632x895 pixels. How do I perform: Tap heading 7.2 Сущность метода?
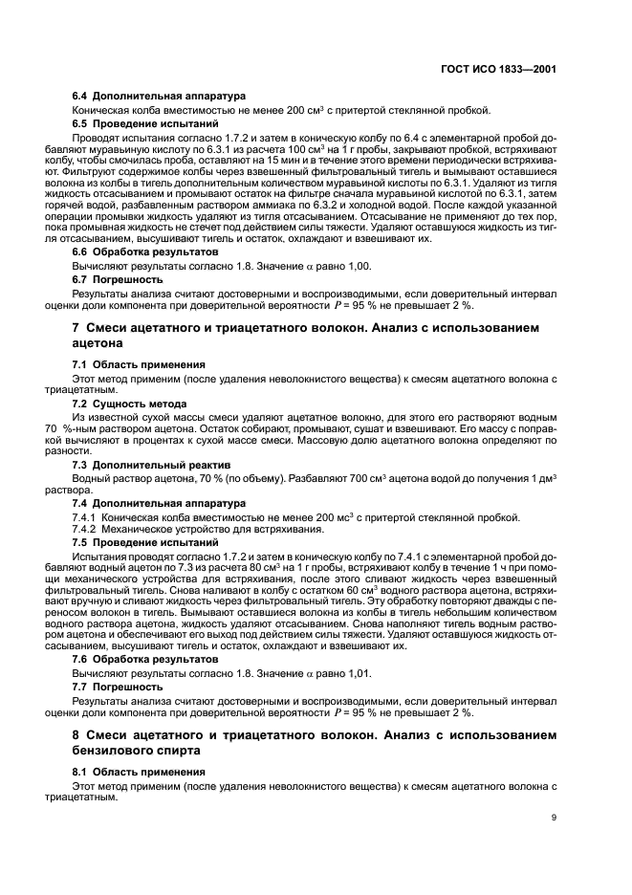[x=130, y=404]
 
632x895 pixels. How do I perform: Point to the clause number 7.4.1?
[x=87, y=517]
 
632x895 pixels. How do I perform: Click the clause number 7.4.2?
[x=87, y=530]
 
